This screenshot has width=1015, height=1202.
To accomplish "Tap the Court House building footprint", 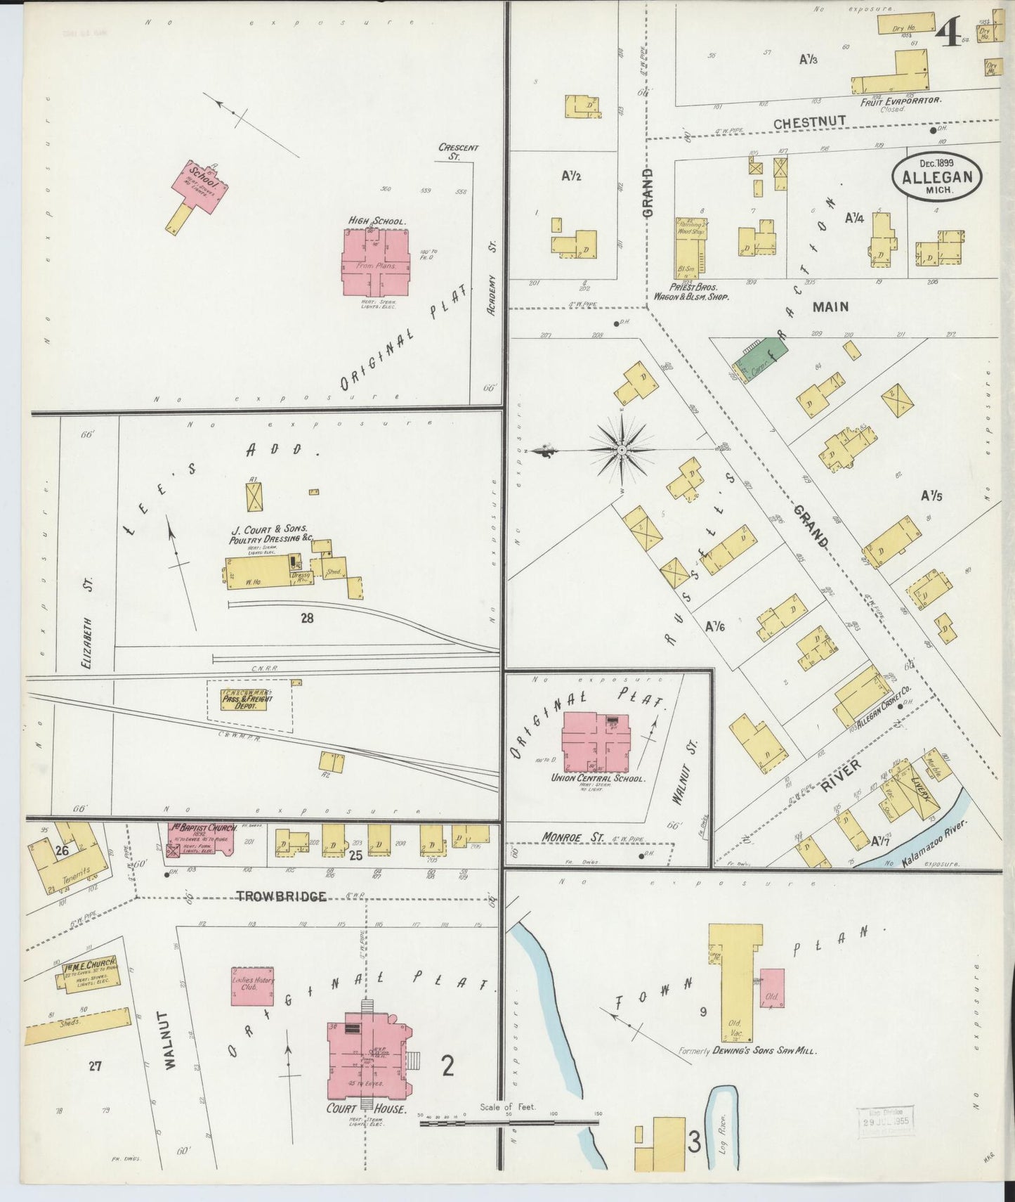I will click(x=367, y=1054).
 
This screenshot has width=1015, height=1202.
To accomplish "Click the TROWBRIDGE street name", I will click(x=281, y=896).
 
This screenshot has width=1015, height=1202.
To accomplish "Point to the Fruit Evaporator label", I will click(x=900, y=101).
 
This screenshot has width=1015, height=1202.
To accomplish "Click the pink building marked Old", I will click(x=772, y=988).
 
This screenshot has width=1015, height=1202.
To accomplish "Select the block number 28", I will click(x=306, y=619).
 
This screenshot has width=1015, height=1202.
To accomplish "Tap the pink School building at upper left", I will click(x=201, y=185).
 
